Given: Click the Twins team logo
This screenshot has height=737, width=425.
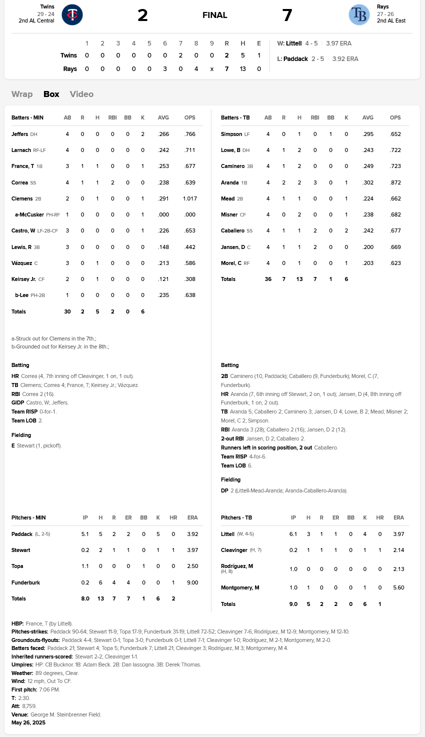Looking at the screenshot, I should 72,14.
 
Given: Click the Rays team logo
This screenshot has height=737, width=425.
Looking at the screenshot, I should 359,14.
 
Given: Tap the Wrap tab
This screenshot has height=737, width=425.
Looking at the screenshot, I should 22,94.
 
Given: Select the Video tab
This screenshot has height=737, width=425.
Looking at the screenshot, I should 81,94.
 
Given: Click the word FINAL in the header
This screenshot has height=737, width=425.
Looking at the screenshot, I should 215,15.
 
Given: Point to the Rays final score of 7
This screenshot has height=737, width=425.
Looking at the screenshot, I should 287,15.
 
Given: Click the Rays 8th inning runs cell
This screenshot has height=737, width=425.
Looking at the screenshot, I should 196,68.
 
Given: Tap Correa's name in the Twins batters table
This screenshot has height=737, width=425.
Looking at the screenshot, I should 20,182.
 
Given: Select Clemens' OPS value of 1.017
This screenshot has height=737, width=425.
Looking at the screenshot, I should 190,198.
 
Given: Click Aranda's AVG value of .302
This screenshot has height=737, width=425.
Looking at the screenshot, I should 367,182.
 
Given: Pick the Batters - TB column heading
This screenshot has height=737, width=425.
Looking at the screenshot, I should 235,117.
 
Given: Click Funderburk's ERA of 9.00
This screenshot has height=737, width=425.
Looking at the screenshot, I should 192,582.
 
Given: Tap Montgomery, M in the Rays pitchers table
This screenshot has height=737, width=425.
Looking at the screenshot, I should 240,587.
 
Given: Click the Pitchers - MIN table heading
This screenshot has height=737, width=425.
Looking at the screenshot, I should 28,517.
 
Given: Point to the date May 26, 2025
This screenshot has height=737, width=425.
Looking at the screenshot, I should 28,722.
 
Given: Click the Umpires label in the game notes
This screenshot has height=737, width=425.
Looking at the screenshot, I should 22,664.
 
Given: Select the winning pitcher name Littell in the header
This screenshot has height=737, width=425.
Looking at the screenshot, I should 293,43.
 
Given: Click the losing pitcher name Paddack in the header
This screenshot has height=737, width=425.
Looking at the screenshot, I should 295,58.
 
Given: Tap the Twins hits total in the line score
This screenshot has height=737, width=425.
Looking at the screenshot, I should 243,55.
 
